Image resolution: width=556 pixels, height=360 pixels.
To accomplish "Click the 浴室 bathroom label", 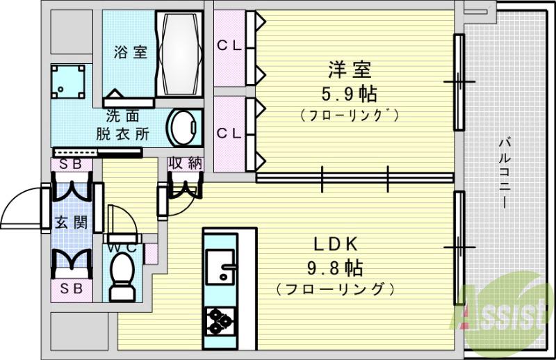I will (131, 51).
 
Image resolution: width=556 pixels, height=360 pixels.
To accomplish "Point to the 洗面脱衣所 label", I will (126, 126).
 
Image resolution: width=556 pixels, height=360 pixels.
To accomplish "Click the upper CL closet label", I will (229, 46).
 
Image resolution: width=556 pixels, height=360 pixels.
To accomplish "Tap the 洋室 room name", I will (350, 69).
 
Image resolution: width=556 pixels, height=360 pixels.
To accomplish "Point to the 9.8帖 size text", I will (336, 267).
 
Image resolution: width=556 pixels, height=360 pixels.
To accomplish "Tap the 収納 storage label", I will (185, 163).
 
